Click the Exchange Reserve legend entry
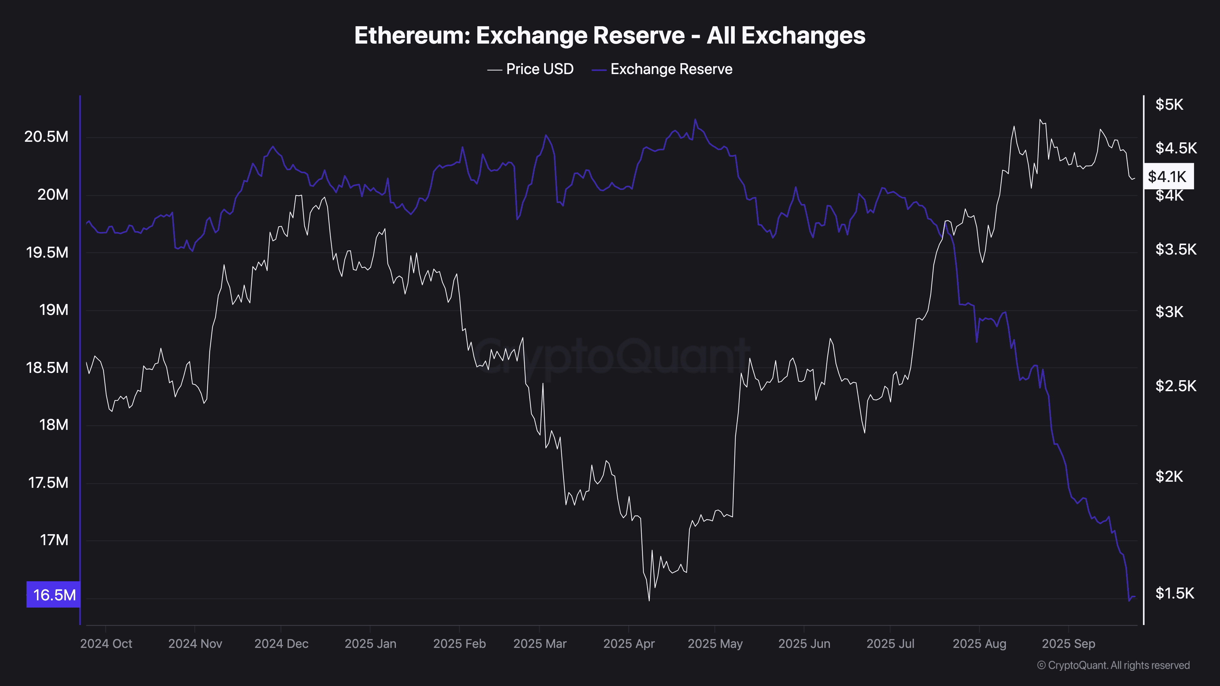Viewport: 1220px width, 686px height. pyautogui.click(x=662, y=69)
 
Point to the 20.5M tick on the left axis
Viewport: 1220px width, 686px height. pyautogui.click(x=46, y=137)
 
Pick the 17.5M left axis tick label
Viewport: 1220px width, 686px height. pyautogui.click(x=48, y=483)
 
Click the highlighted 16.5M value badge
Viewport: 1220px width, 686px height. pyautogui.click(x=53, y=595)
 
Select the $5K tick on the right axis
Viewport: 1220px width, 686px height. pyautogui.click(x=1169, y=105)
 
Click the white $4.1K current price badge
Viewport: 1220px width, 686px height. pyautogui.click(x=1168, y=177)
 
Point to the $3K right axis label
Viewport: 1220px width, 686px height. pyautogui.click(x=1169, y=312)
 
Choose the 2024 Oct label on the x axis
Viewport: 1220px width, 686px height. pyautogui.click(x=106, y=644)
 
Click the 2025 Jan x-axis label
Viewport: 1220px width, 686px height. pyautogui.click(x=370, y=644)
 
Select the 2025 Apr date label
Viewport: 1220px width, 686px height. pyautogui.click(x=629, y=644)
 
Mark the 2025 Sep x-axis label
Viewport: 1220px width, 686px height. pyautogui.click(x=1068, y=644)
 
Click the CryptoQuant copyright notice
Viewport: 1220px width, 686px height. pyautogui.click(x=1113, y=665)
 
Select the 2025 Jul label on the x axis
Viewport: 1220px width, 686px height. pyautogui.click(x=890, y=644)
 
